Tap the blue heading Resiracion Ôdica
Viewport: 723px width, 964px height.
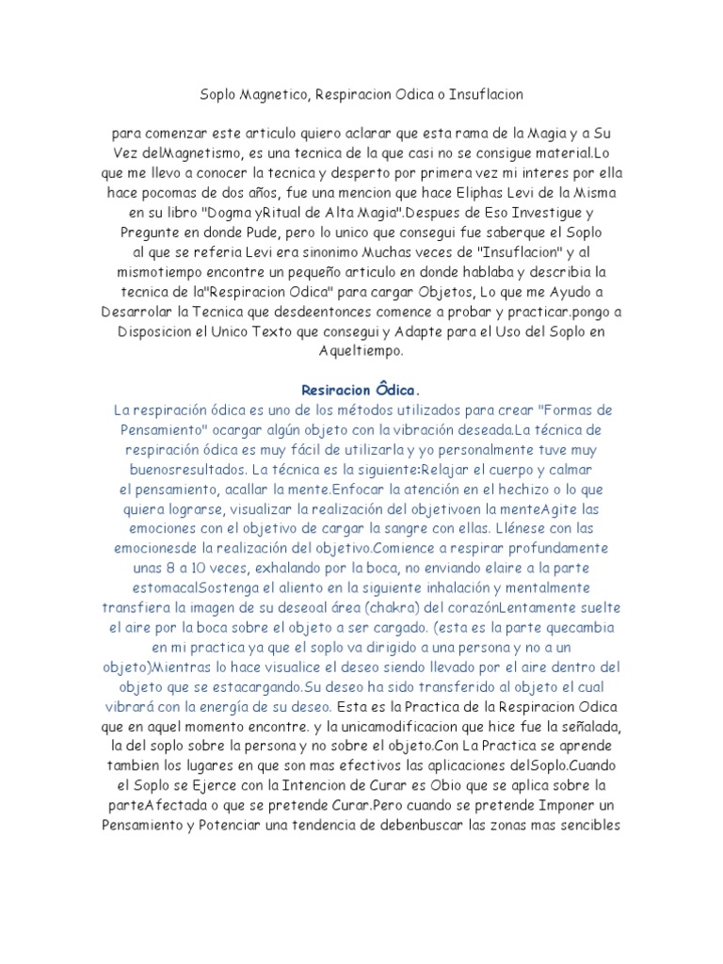(361, 389)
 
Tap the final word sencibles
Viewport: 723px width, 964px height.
(578, 824)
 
